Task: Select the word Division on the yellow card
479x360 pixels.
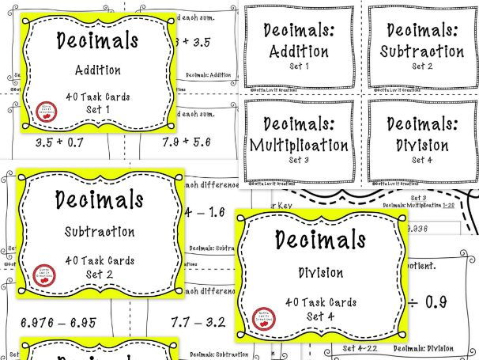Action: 320,274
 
